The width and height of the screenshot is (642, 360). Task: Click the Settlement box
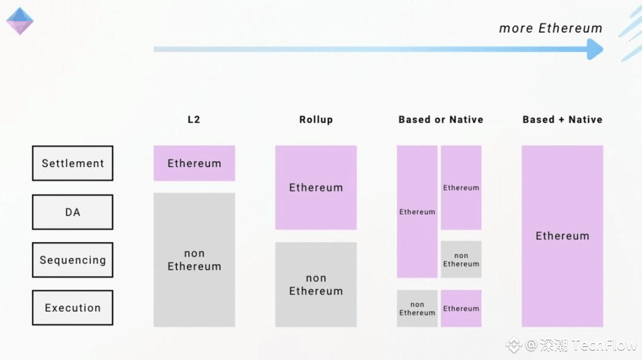click(x=73, y=163)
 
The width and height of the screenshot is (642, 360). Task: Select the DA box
click(x=73, y=212)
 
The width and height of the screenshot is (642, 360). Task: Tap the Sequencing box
click(x=73, y=260)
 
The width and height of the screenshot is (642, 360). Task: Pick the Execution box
click(x=73, y=308)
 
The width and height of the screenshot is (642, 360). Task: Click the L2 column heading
click(x=193, y=120)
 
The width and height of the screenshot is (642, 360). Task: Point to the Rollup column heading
click(x=316, y=120)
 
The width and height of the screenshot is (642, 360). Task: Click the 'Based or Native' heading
click(x=441, y=120)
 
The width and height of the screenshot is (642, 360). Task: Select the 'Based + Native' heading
click(x=563, y=120)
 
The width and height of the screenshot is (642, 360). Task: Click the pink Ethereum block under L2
click(x=194, y=163)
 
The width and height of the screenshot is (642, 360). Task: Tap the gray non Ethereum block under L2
click(x=194, y=259)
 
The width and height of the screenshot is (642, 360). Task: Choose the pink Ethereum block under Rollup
click(x=316, y=187)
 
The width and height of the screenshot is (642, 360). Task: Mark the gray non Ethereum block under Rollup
click(x=316, y=284)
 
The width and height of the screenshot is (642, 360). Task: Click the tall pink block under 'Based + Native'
click(x=562, y=236)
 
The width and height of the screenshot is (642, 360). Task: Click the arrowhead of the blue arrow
click(x=595, y=49)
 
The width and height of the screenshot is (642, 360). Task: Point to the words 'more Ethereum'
click(x=551, y=28)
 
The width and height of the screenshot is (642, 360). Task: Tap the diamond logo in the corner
click(x=20, y=21)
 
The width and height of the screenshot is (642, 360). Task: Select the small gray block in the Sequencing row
click(x=461, y=259)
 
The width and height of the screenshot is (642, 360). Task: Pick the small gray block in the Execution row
click(x=417, y=308)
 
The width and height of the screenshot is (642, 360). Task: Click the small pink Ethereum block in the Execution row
click(x=461, y=308)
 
